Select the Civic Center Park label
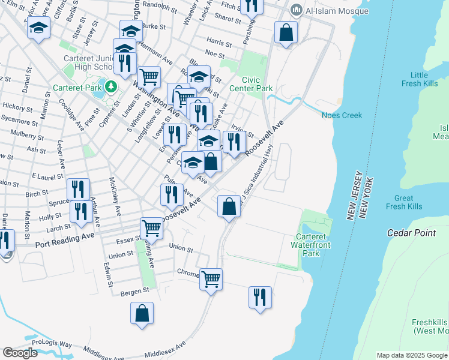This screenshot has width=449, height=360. pyautogui.click(x=258, y=84)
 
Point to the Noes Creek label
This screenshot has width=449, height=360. pyautogui.click(x=342, y=116)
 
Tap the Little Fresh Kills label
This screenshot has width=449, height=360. pyautogui.click(x=419, y=79)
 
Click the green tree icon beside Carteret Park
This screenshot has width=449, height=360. pyautogui.click(x=110, y=88)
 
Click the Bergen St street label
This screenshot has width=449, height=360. pyautogui.click(x=136, y=290)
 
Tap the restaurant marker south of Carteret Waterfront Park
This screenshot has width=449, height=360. pyautogui.click(x=260, y=297)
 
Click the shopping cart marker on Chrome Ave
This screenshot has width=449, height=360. pyautogui.click(x=211, y=278)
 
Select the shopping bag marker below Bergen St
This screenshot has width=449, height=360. pyautogui.click(x=142, y=313)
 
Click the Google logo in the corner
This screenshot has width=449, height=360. pyautogui.click(x=20, y=353)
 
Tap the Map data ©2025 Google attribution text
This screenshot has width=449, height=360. pyautogui.click(x=411, y=355)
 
